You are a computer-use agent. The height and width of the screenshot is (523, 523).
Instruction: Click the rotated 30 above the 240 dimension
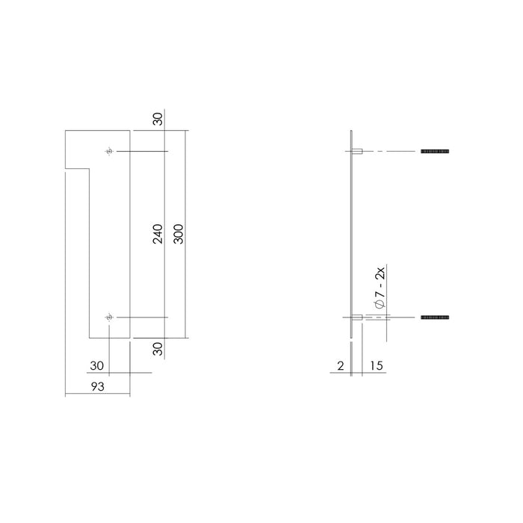pos(158,120)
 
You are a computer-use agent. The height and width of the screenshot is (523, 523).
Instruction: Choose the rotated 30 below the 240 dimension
pos(158,348)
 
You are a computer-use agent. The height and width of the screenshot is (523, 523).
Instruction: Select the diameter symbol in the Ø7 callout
pos(380,304)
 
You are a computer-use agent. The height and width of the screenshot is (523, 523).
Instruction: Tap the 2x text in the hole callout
pos(380,273)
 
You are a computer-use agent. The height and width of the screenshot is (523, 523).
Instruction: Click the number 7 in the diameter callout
pos(380,293)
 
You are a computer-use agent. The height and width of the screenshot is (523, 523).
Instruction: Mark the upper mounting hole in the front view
pos(110,152)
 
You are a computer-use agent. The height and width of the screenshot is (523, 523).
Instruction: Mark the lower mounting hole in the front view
pos(110,318)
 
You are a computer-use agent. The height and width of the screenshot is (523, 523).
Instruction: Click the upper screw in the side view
pos(434,152)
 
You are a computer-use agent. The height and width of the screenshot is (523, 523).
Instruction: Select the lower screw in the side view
pos(434,318)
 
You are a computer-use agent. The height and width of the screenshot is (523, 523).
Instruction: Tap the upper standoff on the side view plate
pos(358,152)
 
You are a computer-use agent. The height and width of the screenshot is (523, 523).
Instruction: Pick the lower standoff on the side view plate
pos(358,318)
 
